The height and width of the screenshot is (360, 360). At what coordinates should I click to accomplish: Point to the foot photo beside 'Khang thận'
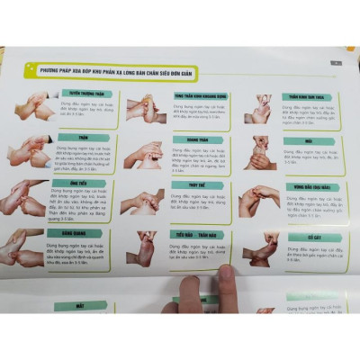pos(144,155)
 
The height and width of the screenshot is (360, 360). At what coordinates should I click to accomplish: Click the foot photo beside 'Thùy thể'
pos(144,200)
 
